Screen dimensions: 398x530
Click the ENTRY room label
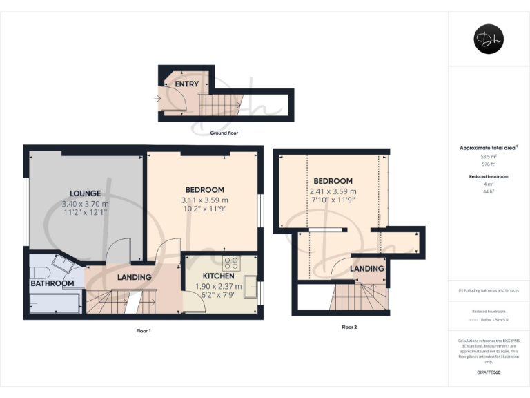click(186, 84)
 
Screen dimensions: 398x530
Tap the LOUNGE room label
click(86, 193)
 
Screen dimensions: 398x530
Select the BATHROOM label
click(52, 283)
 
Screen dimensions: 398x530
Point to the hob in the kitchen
click(230, 263)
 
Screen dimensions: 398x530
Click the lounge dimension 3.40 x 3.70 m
click(86, 204)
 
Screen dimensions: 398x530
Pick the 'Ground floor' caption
click(224, 133)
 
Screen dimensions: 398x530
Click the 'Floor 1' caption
click(144, 331)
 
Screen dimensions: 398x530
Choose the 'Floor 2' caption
click(350, 327)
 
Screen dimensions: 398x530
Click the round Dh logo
click(489, 39)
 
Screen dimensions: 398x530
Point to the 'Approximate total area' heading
click(487, 148)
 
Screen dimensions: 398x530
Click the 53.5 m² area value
click(489, 157)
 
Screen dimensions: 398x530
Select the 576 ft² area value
click(489, 164)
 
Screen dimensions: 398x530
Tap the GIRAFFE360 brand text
click(489, 373)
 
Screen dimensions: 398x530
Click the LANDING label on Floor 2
click(367, 268)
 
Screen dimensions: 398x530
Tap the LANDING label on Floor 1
click(134, 277)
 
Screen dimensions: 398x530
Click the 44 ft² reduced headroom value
click(489, 200)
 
